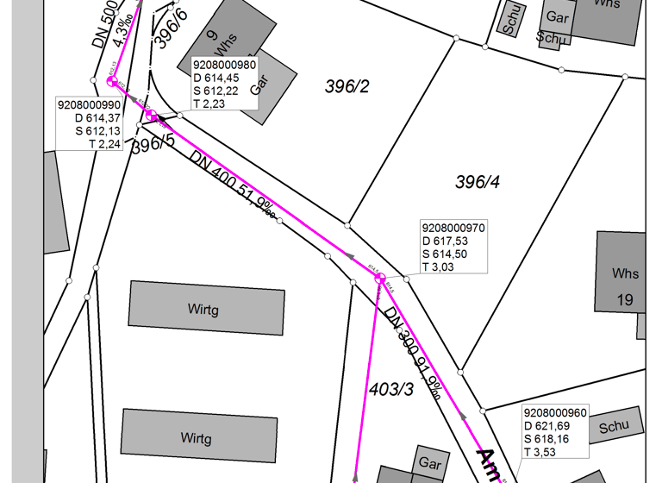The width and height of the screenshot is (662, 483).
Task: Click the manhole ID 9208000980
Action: click(225, 65)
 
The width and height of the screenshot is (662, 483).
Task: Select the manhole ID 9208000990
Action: click(89, 104)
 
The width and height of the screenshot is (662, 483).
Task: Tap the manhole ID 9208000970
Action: click(453, 228)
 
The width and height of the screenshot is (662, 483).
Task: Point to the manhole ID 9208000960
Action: click(555, 412)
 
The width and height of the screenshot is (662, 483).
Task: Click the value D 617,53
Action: click(445, 241)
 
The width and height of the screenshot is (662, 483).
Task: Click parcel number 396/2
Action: click(347, 85)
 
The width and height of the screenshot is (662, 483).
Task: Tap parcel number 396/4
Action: click(478, 182)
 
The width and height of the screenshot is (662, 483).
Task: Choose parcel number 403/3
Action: click(391, 388)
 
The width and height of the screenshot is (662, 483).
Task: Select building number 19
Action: click(625, 299)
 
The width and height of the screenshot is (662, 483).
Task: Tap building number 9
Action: click(211, 35)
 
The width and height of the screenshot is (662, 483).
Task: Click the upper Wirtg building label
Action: click(203, 308)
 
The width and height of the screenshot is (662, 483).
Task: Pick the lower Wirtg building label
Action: click(196, 438)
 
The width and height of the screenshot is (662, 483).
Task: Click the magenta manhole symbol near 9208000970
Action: click(380, 279)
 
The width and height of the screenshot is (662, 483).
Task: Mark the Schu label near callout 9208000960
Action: click(615, 425)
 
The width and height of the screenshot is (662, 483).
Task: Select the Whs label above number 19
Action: click(626, 273)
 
